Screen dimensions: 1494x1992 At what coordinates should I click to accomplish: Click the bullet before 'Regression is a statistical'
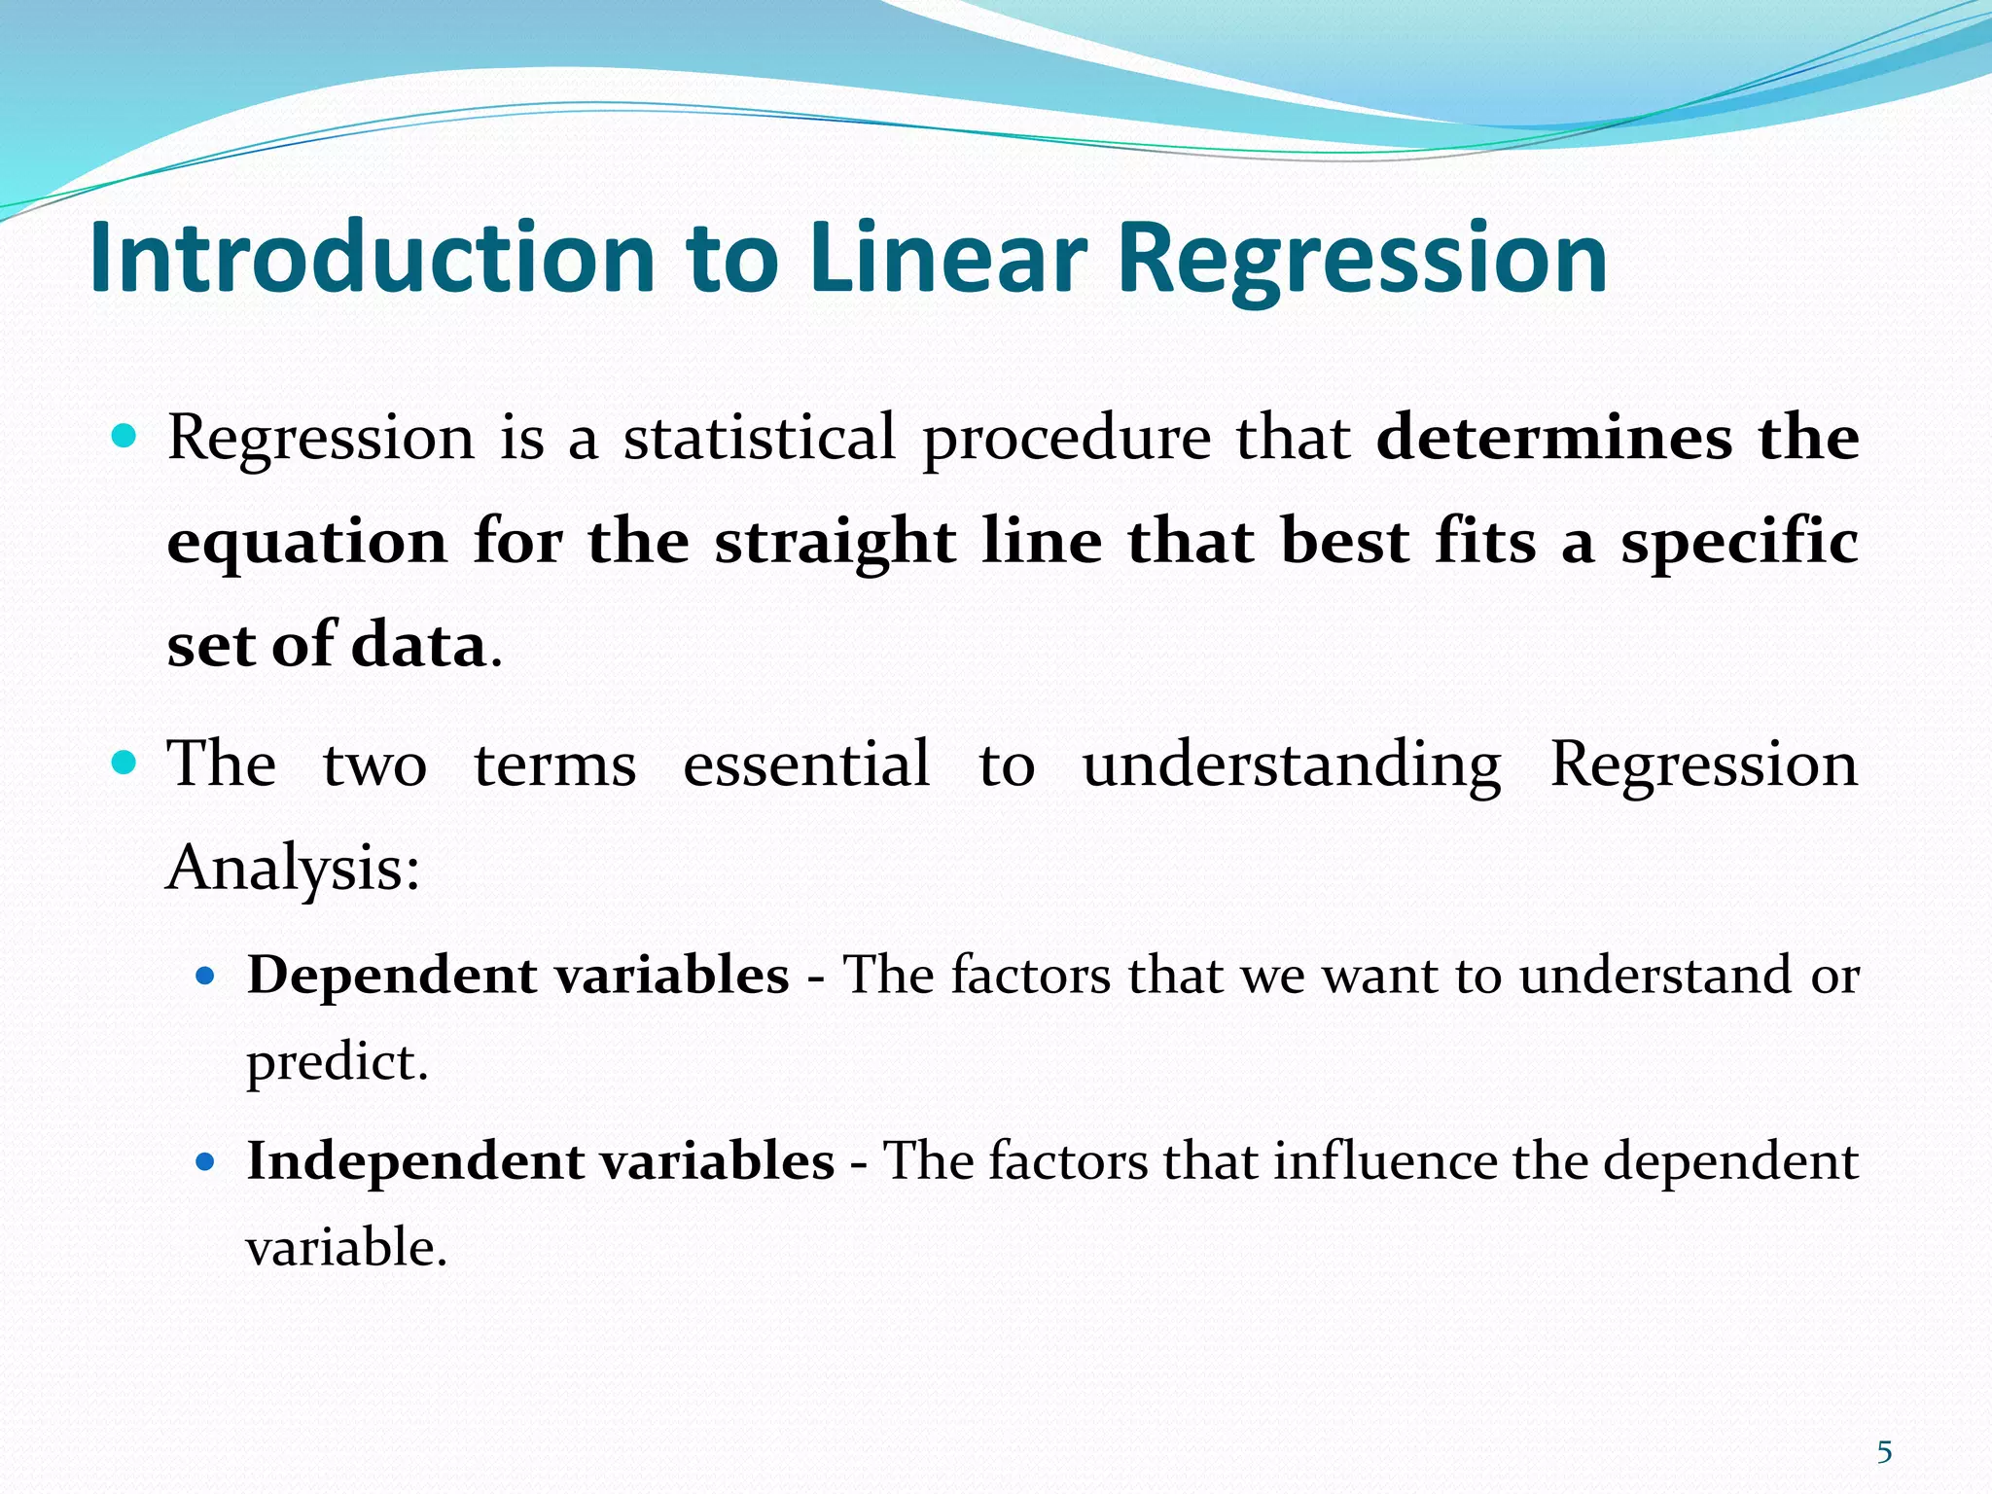pos(124,435)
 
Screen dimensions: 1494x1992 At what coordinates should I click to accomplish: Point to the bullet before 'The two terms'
pos(124,762)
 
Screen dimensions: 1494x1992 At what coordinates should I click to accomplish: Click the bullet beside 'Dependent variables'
pos(204,975)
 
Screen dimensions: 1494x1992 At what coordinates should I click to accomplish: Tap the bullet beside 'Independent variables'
pos(204,1160)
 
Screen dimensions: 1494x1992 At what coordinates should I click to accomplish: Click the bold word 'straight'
pos(836,542)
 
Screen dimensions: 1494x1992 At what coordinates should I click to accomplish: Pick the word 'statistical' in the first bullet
pos(759,438)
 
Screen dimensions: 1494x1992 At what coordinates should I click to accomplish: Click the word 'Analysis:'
pos(293,868)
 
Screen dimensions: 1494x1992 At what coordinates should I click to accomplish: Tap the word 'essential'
pos(806,764)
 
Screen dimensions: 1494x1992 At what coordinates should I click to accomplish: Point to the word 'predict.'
pos(337,1062)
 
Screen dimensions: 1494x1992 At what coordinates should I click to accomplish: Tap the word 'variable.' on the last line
pos(345,1248)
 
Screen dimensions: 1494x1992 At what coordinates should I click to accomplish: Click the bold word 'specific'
pos(1739,542)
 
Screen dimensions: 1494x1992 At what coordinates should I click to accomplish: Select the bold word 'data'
pos(418,645)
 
